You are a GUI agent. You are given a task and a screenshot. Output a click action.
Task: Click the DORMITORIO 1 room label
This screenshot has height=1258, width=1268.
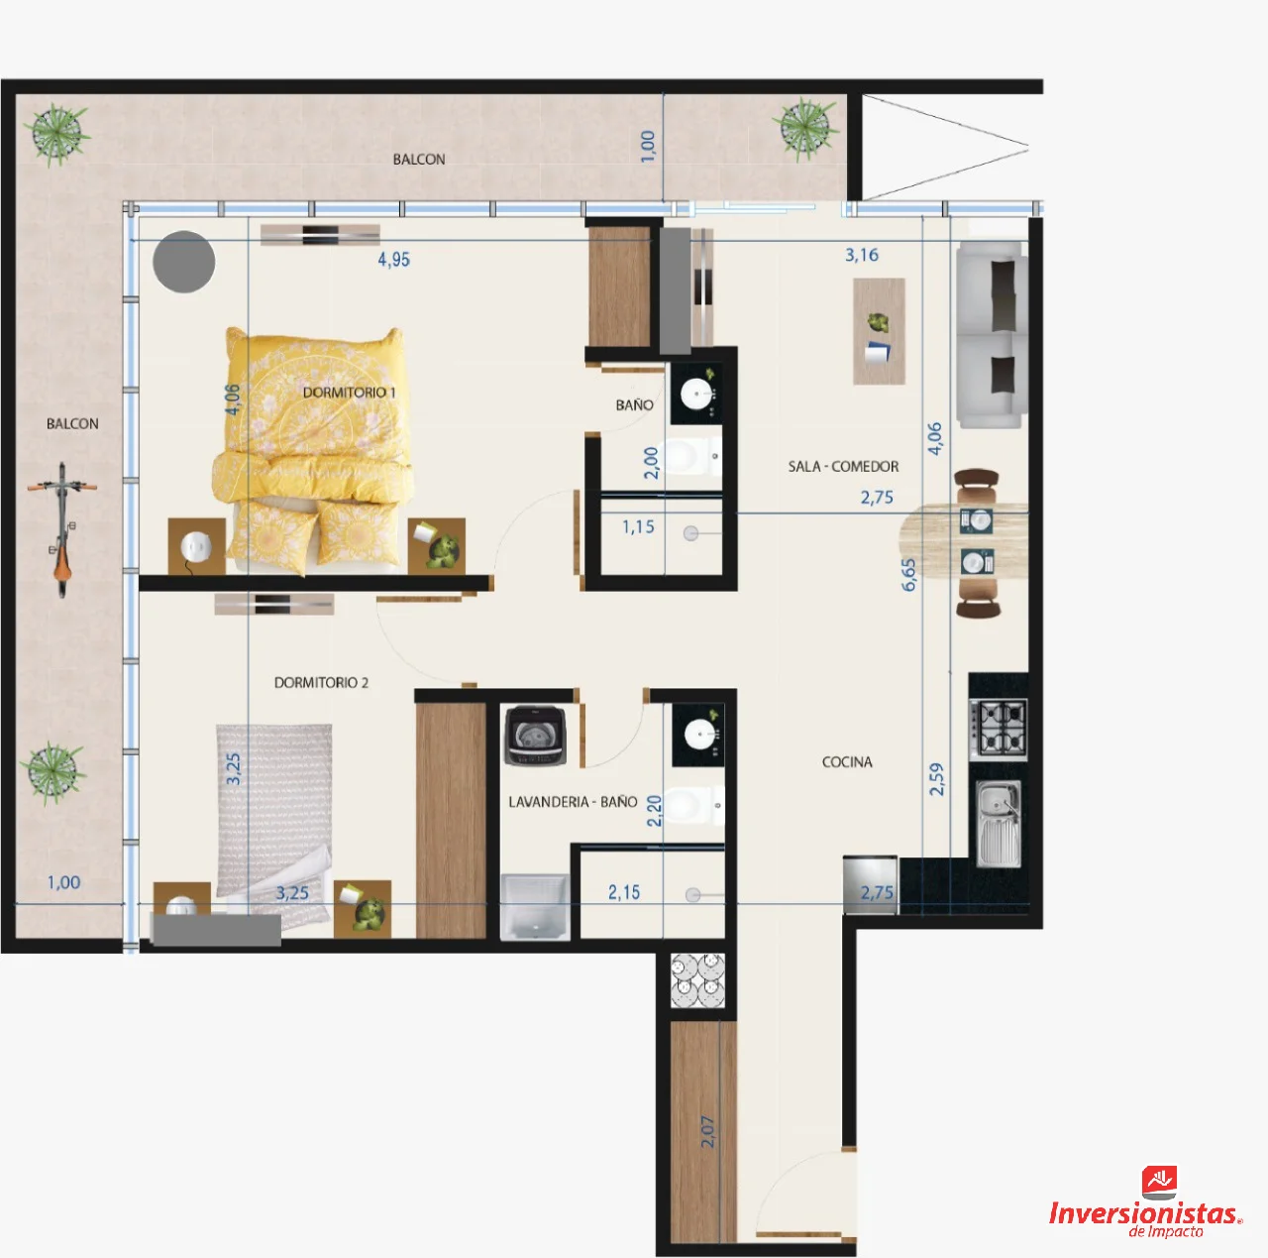[x=349, y=393]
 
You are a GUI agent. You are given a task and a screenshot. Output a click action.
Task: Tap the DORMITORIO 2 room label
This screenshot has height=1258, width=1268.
[x=321, y=682]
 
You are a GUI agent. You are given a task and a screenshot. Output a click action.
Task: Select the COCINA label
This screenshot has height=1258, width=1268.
[x=847, y=762]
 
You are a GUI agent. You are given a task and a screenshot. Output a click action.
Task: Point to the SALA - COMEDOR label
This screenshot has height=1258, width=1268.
[x=843, y=466]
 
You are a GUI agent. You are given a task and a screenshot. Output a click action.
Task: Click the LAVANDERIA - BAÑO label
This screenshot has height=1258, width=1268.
[x=573, y=802]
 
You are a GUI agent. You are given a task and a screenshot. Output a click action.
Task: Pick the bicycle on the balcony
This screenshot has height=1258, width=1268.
[x=61, y=529]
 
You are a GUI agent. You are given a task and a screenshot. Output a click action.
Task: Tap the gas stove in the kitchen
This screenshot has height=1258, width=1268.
[x=999, y=728]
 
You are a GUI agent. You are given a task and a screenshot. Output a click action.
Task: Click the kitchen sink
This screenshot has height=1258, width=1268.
[x=999, y=823]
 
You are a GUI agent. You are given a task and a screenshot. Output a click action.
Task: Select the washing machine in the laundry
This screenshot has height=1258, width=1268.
[x=535, y=735]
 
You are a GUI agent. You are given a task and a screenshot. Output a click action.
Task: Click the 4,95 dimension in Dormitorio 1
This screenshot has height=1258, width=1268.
[x=393, y=260]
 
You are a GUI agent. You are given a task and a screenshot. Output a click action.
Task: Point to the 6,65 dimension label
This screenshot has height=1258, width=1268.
[x=908, y=574]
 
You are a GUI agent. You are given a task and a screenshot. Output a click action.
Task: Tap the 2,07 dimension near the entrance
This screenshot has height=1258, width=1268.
[x=707, y=1131]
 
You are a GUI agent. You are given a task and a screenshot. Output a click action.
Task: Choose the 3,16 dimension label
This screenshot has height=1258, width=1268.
[x=861, y=255]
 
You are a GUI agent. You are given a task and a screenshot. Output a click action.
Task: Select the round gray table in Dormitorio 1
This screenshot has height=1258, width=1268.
[x=183, y=262]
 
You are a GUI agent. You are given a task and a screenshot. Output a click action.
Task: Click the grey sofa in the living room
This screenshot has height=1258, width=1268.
[x=991, y=334]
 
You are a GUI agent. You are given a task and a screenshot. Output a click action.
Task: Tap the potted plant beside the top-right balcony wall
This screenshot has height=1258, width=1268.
[x=805, y=129]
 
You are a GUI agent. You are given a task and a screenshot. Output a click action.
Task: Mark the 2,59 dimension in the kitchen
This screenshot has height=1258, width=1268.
[x=936, y=778]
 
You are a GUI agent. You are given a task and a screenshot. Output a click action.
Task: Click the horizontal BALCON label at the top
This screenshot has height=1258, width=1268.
[x=418, y=160]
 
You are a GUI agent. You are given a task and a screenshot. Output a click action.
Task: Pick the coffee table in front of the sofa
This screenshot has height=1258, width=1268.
[x=879, y=331]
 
